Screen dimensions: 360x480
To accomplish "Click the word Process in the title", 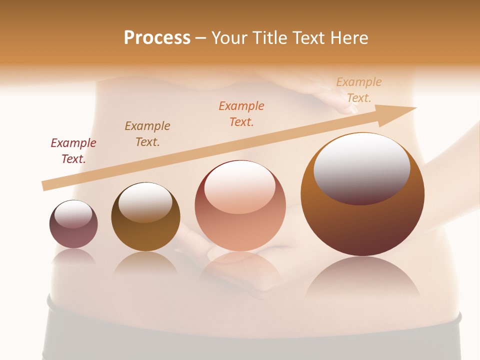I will tap(157, 38).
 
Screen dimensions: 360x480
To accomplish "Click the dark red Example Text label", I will tap(73, 150).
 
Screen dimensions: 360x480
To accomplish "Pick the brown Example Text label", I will tap(147, 133).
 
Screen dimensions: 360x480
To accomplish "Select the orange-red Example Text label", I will tap(241, 113).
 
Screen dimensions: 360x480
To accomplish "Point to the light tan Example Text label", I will tap(359, 89).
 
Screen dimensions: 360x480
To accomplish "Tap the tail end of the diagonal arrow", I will tap(46, 185).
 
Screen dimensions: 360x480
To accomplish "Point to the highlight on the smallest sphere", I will tap(73, 214).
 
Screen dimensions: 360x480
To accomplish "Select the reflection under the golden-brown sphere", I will tap(145, 263).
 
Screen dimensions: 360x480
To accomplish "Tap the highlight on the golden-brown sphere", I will tap(145, 201).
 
